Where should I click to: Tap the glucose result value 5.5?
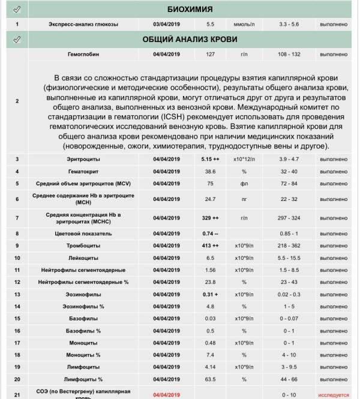[211, 25]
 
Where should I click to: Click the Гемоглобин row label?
[83, 55]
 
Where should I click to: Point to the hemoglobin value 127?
[211, 55]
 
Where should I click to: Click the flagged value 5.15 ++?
[211, 159]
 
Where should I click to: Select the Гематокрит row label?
[83, 172]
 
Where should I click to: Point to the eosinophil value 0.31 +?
[211, 294]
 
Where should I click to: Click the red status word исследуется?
[334, 395]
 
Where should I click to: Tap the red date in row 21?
[166, 395]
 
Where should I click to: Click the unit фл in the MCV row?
[244, 184]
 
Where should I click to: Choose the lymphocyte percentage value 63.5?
[211, 379]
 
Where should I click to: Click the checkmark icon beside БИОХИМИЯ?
[17, 10]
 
